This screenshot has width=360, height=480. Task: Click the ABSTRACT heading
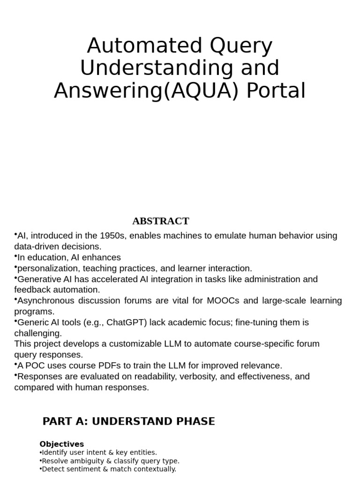[x=160, y=221]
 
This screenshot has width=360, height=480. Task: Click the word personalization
[x=46, y=269]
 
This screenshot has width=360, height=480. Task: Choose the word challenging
[x=37, y=333]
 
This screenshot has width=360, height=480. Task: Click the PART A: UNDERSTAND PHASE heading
[x=128, y=421]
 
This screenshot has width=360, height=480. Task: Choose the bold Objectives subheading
[x=61, y=444]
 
